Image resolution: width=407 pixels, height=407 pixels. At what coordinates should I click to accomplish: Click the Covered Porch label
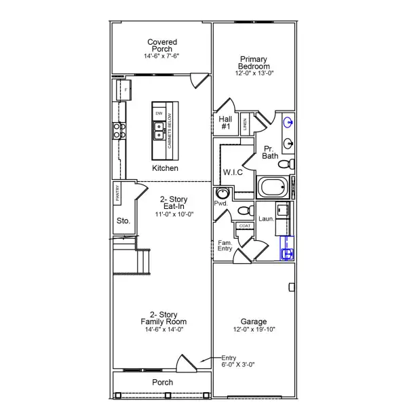162,46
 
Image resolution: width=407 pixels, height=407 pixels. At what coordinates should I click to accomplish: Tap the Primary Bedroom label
254,62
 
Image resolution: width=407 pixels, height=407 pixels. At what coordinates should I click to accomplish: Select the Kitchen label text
165,168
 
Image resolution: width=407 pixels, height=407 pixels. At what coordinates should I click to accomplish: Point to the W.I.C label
233,173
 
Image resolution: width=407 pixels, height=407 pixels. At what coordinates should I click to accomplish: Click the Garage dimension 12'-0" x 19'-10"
254,330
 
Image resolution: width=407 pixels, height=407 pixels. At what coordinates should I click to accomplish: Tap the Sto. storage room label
123,220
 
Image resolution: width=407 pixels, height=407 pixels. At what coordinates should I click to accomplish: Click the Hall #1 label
226,122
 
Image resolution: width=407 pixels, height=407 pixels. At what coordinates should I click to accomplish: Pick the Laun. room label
267,218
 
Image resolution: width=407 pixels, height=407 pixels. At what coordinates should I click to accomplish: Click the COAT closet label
244,226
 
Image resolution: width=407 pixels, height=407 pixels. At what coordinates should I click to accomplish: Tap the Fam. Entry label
225,246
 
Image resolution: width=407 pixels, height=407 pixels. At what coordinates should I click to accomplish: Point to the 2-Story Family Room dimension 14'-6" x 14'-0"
163,330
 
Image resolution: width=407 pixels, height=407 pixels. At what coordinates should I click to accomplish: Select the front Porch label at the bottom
162,383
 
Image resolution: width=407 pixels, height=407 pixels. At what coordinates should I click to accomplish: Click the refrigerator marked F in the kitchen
125,90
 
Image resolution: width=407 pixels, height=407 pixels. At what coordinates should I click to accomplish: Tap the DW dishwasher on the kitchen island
159,113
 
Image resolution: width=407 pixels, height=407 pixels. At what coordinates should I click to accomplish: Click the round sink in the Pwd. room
222,194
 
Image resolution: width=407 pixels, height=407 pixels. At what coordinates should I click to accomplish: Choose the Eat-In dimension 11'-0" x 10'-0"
173,214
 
